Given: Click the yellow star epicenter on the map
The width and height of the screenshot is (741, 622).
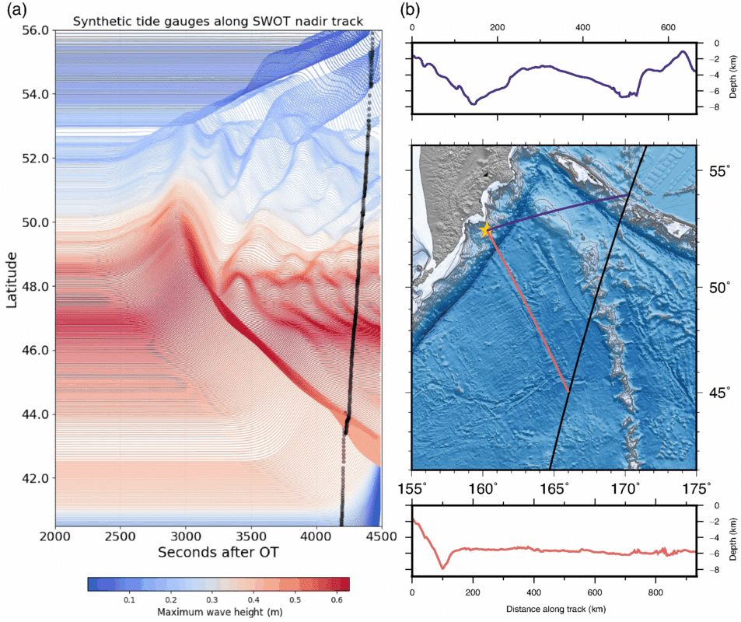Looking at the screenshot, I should (x=486, y=229).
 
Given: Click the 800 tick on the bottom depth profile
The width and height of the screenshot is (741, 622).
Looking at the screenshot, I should (x=655, y=590).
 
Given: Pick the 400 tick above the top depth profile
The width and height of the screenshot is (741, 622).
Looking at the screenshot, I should (x=583, y=27).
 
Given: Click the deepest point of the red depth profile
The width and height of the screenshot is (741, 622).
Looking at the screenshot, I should (x=442, y=568).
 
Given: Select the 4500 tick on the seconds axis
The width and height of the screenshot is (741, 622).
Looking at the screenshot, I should (x=380, y=536).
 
